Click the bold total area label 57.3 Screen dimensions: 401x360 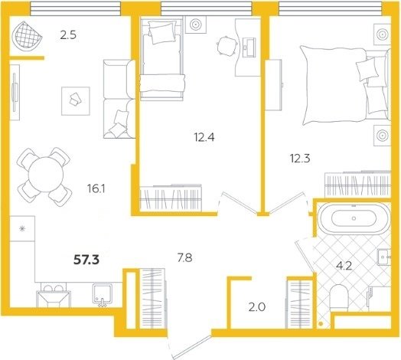86,260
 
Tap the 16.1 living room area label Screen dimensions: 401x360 96,189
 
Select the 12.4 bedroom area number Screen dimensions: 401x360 204,138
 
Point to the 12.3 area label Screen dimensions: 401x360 300,159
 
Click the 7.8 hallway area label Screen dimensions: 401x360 185,258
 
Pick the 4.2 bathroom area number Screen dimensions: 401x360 344,266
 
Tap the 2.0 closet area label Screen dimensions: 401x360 257,306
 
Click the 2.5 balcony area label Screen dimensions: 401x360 68,34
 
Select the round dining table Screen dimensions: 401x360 46,175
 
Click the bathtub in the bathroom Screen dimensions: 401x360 354,218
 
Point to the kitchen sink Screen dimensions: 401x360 103,293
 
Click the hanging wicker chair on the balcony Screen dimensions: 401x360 26,34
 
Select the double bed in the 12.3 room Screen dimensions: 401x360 345,85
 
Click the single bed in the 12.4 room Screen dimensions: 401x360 161,60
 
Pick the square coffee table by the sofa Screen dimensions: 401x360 76,101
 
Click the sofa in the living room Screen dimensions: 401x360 119,99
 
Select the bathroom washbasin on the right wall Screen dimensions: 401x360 384,257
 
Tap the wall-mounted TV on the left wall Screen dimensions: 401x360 15,92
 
